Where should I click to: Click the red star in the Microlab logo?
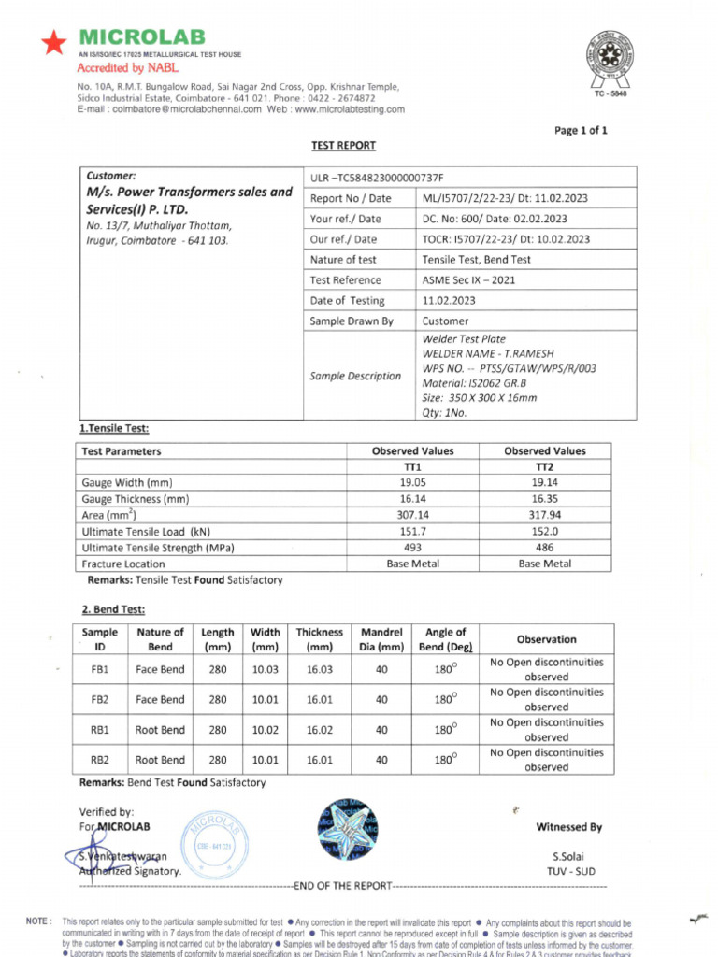54,42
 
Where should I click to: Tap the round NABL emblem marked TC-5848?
609,57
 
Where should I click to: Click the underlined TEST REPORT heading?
343,145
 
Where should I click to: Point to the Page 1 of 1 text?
581,130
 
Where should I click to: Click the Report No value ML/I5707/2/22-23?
505,198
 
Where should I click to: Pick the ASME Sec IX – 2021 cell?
468,279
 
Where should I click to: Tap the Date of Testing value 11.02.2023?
449,300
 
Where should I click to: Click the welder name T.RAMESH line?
478,353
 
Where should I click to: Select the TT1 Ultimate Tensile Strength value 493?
412,547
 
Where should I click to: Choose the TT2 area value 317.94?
544,514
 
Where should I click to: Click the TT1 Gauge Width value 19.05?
412,482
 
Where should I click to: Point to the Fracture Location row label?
123,564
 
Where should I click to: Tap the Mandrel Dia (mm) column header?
381,639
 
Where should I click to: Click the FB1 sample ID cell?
100,669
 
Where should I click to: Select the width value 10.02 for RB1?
265,730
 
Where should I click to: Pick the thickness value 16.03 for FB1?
320,669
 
